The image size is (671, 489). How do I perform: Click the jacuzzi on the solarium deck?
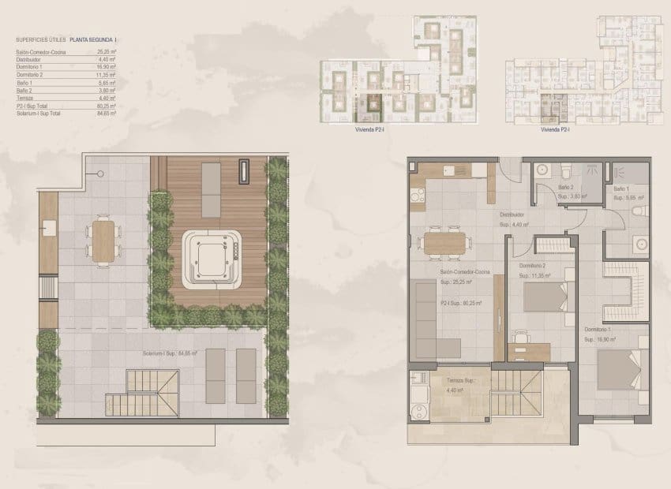(211, 259)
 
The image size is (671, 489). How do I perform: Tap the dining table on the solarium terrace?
(103, 239)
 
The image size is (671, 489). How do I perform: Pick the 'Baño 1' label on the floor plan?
(622, 189)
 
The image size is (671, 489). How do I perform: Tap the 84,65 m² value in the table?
(107, 114)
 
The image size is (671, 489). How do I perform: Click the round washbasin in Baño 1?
(639, 244)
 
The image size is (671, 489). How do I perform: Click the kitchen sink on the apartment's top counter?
(448, 169)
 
